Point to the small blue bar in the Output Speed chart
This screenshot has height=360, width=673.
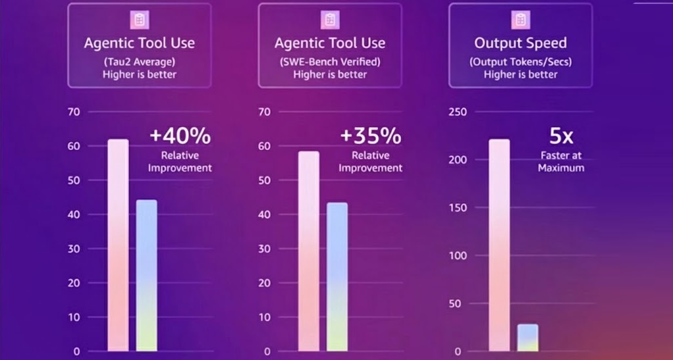coord(527,338)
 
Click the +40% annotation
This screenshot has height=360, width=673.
coord(180,136)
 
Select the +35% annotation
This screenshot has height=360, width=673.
coord(371,136)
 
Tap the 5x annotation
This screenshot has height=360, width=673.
coord(561,136)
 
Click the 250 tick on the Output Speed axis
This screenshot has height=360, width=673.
coord(458,112)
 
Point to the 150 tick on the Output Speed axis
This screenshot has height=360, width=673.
coord(458,208)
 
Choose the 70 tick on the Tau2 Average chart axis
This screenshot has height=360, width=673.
coord(74,112)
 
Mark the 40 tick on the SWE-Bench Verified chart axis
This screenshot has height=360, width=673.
coord(265,215)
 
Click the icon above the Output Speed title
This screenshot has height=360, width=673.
coord(521,20)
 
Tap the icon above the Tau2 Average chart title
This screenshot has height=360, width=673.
coord(139,20)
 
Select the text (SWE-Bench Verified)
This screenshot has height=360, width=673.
coord(330,61)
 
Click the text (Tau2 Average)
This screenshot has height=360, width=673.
coord(139,61)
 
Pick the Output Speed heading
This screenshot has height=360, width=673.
coord(521,43)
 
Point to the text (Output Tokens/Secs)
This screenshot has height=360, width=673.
coord(521,61)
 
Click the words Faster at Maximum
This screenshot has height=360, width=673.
coord(561,161)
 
